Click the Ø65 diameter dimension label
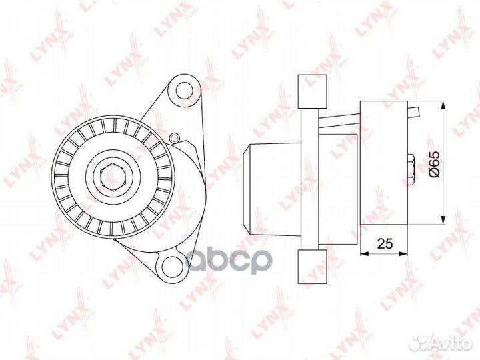(x=435, y=164)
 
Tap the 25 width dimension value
(x=385, y=243)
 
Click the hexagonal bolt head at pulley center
(x=113, y=177)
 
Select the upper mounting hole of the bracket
(x=184, y=90)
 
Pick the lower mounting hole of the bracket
(x=171, y=265)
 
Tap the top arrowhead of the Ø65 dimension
(x=443, y=105)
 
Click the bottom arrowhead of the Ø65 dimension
(x=443, y=220)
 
